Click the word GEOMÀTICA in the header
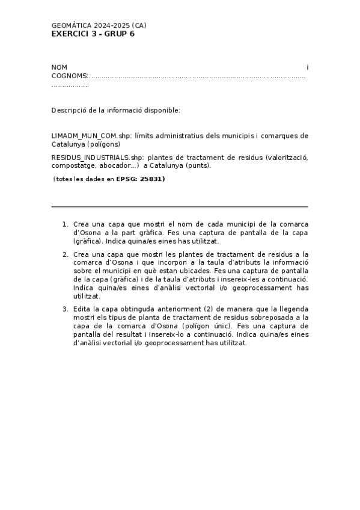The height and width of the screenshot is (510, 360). point(72,26)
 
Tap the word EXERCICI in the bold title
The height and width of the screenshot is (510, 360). point(70,34)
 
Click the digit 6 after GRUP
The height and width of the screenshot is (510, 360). point(132,34)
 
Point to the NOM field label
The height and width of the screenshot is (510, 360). point(59,67)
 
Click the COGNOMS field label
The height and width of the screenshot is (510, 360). point(69,76)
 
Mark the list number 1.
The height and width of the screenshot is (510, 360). point(65,224)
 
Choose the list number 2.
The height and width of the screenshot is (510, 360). point(65,254)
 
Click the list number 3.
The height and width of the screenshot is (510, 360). point(65,309)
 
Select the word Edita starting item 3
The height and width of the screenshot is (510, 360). point(82,309)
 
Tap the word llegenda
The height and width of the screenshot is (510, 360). point(292,309)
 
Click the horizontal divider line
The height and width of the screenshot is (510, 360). point(180,206)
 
